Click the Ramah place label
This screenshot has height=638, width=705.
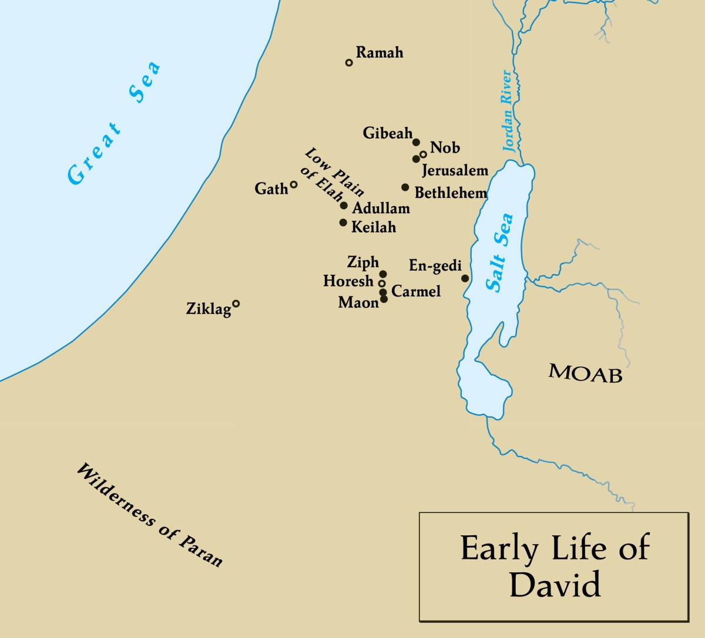point(380,53)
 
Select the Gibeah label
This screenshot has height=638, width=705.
point(388,133)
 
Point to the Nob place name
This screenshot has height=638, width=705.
point(445,148)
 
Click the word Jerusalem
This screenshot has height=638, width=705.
point(455,171)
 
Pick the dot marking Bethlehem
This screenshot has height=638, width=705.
point(405,187)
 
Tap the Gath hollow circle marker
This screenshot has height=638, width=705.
point(294,184)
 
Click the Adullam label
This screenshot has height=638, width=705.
point(381,208)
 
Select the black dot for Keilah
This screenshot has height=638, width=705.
point(343,222)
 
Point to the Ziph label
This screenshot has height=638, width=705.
point(363,262)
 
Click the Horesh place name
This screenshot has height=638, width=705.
point(348,282)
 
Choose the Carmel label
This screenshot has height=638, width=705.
point(416,291)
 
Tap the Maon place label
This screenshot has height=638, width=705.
point(358,303)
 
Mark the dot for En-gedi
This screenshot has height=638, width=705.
point(465,278)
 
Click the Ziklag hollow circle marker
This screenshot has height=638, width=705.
point(236,303)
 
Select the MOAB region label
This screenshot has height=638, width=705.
point(585,373)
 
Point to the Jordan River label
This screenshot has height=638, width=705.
point(508,112)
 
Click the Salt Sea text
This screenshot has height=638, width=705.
point(499,252)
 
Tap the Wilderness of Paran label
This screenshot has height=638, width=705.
point(150,515)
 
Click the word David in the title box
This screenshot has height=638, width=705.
point(555,585)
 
